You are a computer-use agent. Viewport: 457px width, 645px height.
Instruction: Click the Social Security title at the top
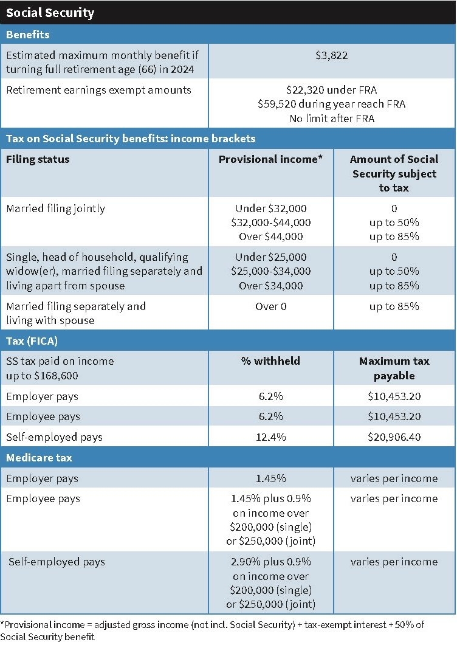pos(50,12)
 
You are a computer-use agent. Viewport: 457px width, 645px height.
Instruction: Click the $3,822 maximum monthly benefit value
pos(331,55)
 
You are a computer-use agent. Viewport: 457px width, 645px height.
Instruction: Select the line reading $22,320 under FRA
pos(331,90)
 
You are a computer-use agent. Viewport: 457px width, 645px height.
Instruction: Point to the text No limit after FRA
pos(331,119)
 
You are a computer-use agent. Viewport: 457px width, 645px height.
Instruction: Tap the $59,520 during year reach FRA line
pos(331,104)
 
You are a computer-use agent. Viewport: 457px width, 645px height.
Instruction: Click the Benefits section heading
pos(28,35)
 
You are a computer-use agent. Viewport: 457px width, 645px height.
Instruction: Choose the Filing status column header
pos(38,159)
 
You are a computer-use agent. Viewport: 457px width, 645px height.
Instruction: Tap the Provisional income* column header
pos(270,159)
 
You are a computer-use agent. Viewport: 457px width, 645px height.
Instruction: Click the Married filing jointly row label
pos(55,209)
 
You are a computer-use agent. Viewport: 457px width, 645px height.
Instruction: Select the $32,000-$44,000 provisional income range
pos(270,222)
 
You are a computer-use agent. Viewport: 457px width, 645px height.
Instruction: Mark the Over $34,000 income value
pos(270,286)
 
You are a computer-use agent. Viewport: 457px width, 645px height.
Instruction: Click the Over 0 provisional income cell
pos(270,306)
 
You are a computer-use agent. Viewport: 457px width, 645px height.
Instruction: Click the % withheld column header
pos(270,361)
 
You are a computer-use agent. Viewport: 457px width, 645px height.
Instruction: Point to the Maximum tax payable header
pos(394,368)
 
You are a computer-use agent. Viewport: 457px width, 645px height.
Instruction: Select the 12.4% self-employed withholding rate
pos(270,437)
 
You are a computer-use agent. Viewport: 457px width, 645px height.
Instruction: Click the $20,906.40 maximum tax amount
pos(394,437)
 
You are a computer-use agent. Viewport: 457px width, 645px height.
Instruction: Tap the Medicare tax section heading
pos(39,457)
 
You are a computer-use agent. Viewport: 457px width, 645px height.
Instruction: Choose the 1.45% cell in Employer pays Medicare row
pos(270,478)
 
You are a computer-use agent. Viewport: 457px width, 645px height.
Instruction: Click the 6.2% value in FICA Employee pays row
pos(270,416)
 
